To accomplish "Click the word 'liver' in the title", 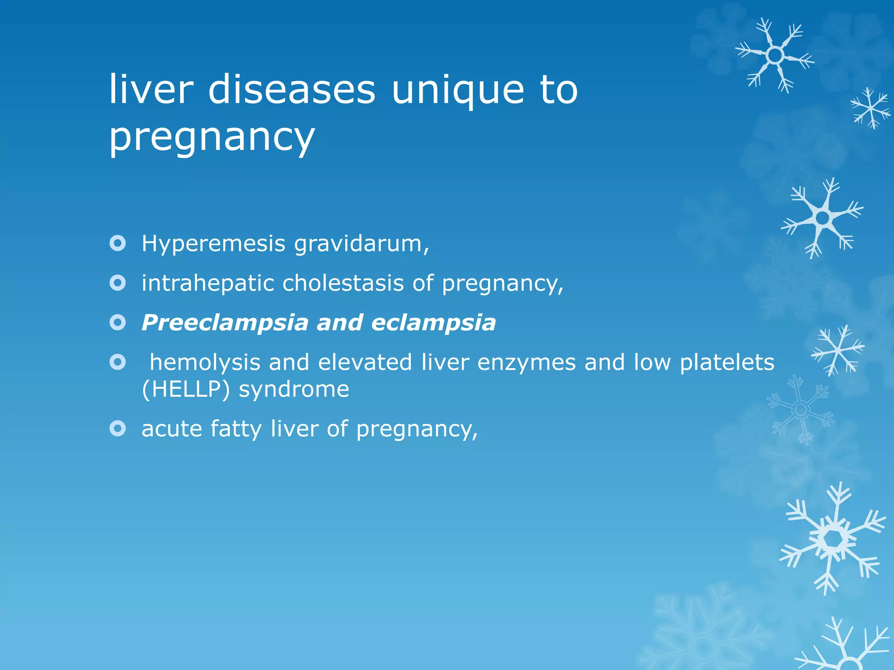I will [x=151, y=89].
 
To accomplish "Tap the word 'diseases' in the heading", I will [x=292, y=89].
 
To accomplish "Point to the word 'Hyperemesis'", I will [x=213, y=244].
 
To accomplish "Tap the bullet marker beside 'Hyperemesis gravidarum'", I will [x=118, y=243].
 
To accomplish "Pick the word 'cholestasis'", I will [x=343, y=284].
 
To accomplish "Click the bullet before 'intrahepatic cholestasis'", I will [x=118, y=283].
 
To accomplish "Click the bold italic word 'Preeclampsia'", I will [x=225, y=323].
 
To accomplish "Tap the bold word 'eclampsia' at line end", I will [x=433, y=323].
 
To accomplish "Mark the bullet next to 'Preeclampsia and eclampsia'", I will [x=118, y=323].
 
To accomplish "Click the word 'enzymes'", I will [x=526, y=363].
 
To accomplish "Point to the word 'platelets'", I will [x=727, y=363].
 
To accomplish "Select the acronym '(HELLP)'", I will [x=186, y=390].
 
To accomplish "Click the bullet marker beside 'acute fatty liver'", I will [x=118, y=428].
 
